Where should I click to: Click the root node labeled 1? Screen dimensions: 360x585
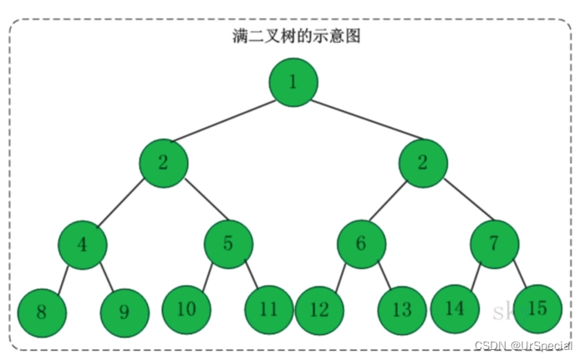pyautogui.click(x=293, y=82)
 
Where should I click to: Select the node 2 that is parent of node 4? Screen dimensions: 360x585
pyautogui.click(x=164, y=163)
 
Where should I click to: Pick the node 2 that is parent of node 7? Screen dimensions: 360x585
pyautogui.click(x=423, y=163)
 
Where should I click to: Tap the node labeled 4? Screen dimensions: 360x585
pyautogui.click(x=82, y=244)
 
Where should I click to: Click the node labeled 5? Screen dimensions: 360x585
pyautogui.click(x=229, y=244)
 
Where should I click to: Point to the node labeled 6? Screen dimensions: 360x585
pyautogui.click(x=361, y=244)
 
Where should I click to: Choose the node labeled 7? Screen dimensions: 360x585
pyautogui.click(x=494, y=244)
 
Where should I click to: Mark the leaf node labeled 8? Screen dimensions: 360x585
pyautogui.click(x=41, y=312)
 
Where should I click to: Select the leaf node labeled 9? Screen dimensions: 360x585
pyautogui.click(x=124, y=312)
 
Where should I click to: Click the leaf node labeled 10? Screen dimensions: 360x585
pyautogui.click(x=186, y=308)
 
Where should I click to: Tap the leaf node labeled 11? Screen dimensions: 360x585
pyautogui.click(x=268, y=308)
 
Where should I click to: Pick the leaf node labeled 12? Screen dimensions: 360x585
pyautogui.click(x=319, y=310)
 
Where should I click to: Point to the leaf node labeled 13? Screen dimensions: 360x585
pyautogui.click(x=402, y=310)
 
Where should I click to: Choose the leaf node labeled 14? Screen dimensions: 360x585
pyautogui.click(x=455, y=307)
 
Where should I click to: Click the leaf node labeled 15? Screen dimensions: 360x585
pyautogui.click(x=538, y=307)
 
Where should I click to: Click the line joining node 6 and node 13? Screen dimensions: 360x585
pyautogui.click(x=381, y=276)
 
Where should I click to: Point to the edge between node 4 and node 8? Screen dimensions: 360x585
pyautogui.click(x=62, y=277)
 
